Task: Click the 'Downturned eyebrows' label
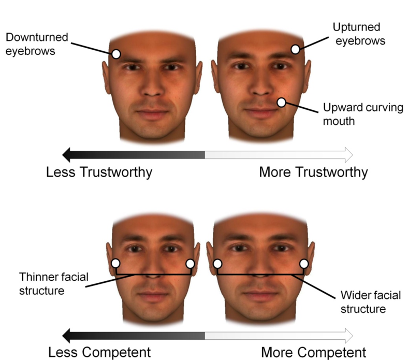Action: pyautogui.click(x=37, y=44)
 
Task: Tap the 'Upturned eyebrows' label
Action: pyautogui.click(x=359, y=34)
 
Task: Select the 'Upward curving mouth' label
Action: pyautogui.click(x=363, y=114)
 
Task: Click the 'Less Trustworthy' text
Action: pyautogui.click(x=99, y=172)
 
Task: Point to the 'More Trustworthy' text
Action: pyautogui.click(x=313, y=172)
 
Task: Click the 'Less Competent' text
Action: pyautogui.click(x=99, y=352)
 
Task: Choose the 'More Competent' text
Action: pyautogui.click(x=314, y=352)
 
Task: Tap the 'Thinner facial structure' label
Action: pyautogui.click(x=54, y=284)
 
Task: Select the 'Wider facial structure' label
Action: pyautogui.click(x=371, y=302)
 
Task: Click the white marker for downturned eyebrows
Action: pyautogui.click(x=116, y=54)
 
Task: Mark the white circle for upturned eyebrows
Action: pyautogui.click(x=295, y=49)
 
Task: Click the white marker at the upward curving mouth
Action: pyautogui.click(x=282, y=103)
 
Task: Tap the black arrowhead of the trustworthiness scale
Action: pyautogui.click(x=66, y=154)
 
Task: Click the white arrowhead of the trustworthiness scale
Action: pyautogui.click(x=349, y=154)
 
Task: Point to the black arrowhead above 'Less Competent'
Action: pyautogui.click(x=66, y=336)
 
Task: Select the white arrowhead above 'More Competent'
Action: pyautogui.click(x=349, y=336)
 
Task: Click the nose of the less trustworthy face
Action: pyautogui.click(x=153, y=86)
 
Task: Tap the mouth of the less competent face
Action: pyautogui.click(x=153, y=296)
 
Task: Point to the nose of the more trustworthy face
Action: pyautogui.click(x=261, y=85)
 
